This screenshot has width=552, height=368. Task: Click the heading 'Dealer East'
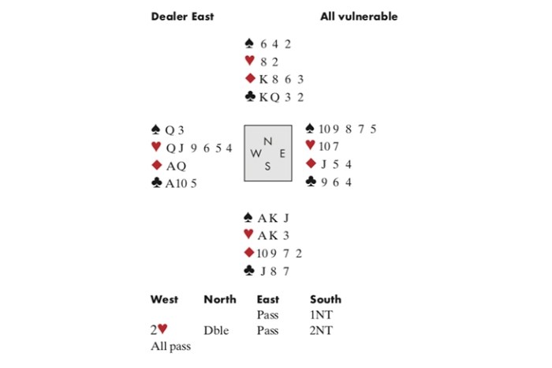[182, 16]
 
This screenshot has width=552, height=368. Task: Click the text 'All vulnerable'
[359, 16]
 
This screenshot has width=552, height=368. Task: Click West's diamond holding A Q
[174, 166]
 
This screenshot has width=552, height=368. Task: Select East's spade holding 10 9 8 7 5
[346, 129]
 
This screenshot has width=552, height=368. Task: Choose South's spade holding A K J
[268, 218]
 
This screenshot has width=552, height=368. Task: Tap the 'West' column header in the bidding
[164, 299]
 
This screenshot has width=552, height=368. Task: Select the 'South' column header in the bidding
[326, 299]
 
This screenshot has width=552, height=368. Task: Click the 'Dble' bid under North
[215, 331]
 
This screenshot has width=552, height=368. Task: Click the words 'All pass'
[168, 346]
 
